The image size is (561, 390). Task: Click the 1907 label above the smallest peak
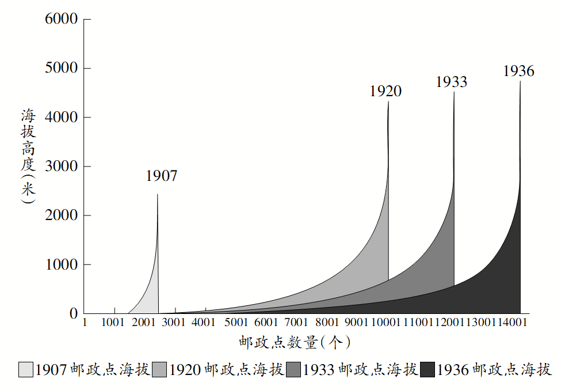(161, 176)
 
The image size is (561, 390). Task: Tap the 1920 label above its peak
(386, 91)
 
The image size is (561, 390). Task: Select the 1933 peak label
(451, 82)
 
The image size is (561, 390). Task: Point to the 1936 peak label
(518, 71)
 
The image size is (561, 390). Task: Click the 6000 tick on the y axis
(60, 19)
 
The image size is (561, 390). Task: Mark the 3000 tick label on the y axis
(60, 166)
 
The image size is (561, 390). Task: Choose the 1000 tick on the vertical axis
(60, 265)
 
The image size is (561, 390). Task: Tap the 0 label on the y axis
(73, 314)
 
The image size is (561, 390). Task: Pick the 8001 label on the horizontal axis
(327, 323)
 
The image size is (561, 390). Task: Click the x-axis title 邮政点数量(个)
(295, 343)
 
